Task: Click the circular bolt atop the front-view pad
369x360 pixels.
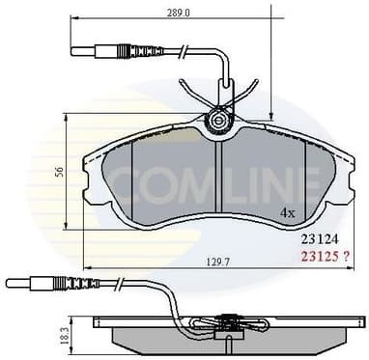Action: (219, 122)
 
